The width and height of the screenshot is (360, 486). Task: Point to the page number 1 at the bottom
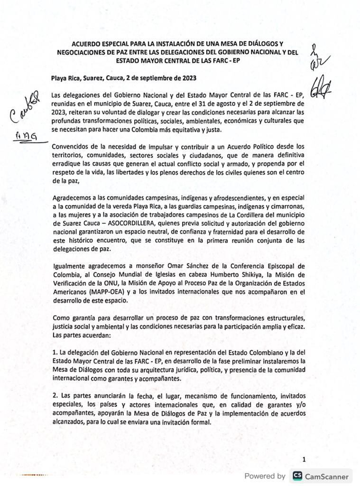point(304,459)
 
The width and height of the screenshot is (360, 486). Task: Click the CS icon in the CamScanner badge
point(298,476)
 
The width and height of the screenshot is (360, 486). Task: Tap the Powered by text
point(265,476)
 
